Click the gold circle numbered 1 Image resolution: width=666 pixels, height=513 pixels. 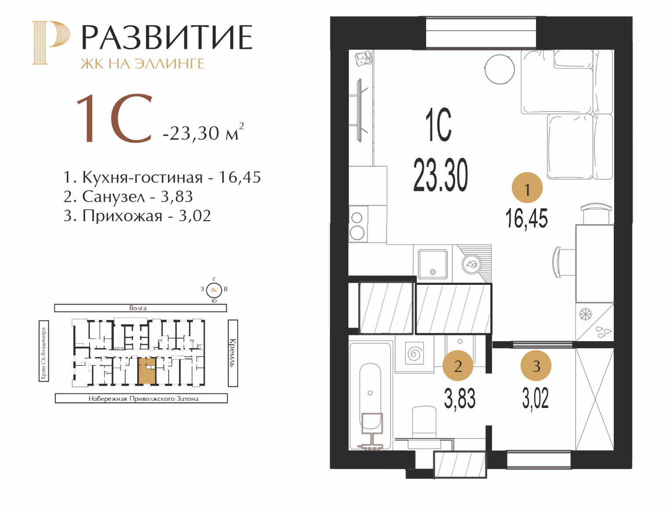click(x=527, y=188)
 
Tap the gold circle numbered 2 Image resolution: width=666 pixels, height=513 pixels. click(x=458, y=365)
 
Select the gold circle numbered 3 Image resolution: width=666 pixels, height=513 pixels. click(x=536, y=365)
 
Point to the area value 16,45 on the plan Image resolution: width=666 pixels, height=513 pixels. click(x=527, y=218)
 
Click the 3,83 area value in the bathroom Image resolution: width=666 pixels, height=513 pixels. click(x=460, y=398)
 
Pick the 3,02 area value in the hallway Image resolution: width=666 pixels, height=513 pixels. click(x=536, y=398)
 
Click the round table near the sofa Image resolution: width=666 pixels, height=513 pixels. click(x=499, y=69)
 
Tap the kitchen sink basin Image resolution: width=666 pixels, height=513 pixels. click(x=432, y=264)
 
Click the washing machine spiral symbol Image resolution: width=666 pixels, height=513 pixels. click(x=414, y=354)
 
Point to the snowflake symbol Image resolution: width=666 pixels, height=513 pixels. click(x=586, y=314)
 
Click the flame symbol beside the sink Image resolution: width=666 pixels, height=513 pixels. click(x=471, y=264)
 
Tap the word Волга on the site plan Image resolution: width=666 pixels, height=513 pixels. click(x=138, y=308)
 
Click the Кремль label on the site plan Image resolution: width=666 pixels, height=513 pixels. click(x=233, y=353)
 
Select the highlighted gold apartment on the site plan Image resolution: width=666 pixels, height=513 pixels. click(x=147, y=371)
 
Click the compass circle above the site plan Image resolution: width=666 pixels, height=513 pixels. click(x=214, y=290)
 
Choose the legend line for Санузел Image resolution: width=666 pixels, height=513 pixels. click(x=128, y=197)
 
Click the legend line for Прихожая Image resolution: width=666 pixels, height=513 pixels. click(x=137, y=216)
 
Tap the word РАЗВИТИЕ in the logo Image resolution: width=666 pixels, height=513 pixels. click(x=167, y=37)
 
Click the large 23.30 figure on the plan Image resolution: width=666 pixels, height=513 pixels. click(x=441, y=175)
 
